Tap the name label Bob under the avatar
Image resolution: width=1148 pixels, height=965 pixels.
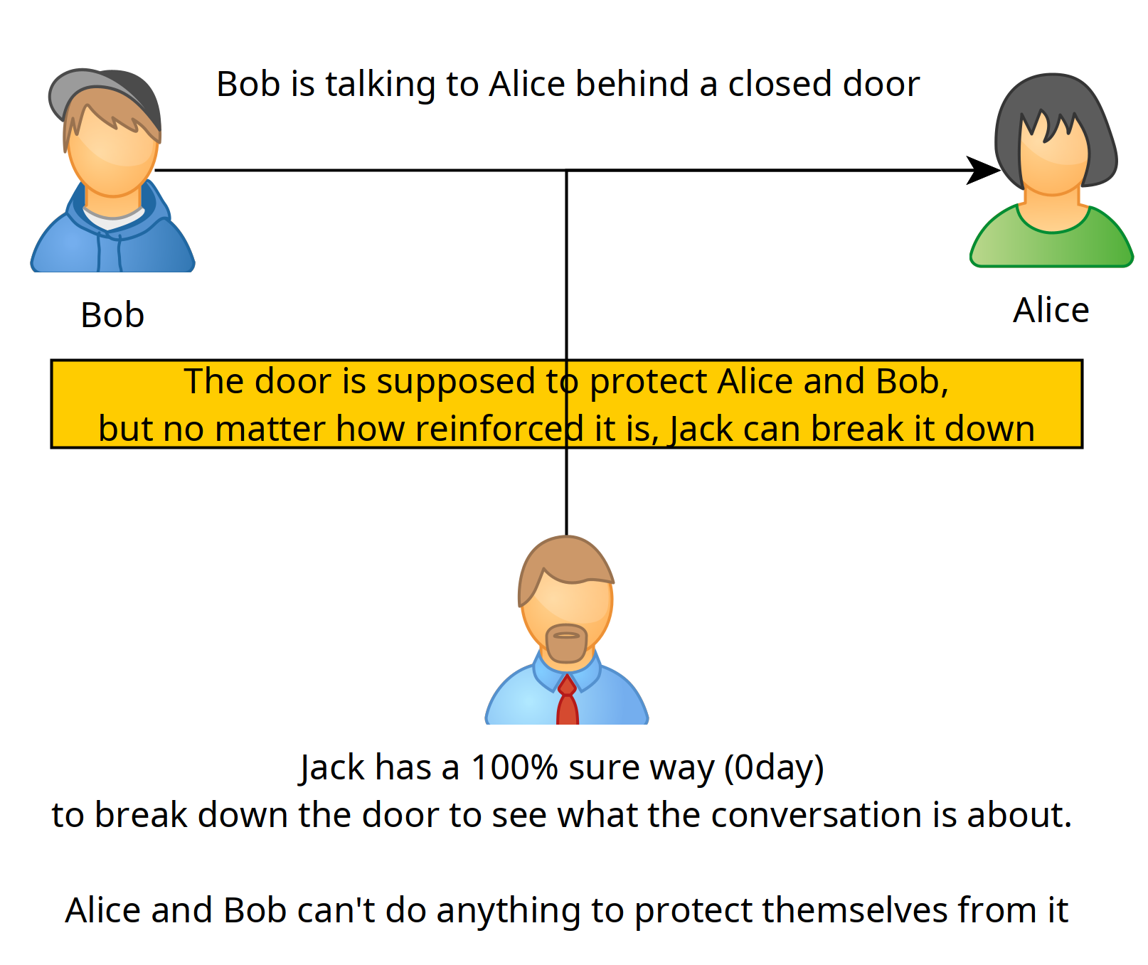(112, 315)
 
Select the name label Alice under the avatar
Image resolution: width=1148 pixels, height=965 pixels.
(1051, 310)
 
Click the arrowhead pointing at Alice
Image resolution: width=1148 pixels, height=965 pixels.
(984, 171)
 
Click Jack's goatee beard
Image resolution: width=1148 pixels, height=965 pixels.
(566, 643)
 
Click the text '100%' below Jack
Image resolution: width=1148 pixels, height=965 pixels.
(514, 767)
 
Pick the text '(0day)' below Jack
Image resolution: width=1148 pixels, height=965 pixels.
(774, 768)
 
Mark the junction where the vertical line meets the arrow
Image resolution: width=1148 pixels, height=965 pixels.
(567, 171)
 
